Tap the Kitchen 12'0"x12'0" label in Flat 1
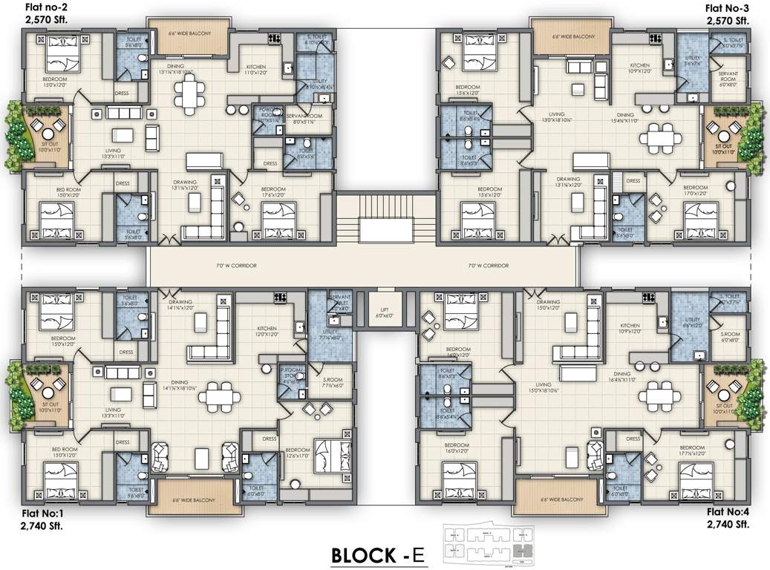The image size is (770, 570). (267, 331)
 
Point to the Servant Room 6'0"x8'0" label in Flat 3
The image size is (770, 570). (728, 79)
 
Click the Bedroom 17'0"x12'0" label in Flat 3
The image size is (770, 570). (695, 191)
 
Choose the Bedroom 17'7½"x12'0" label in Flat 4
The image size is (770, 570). (691, 451)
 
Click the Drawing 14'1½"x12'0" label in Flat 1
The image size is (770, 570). (180, 305)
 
